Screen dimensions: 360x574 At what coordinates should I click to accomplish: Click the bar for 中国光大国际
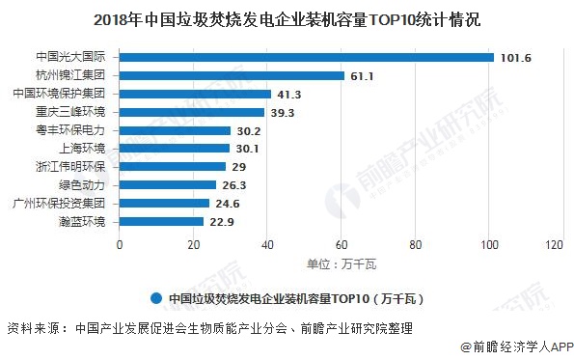(306, 57)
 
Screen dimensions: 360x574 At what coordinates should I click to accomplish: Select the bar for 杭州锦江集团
(232, 75)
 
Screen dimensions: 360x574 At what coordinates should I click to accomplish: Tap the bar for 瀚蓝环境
(161, 222)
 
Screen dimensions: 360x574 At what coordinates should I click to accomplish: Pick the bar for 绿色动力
(167, 185)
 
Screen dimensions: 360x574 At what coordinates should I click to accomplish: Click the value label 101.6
(516, 57)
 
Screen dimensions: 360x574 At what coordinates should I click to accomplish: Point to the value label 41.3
(289, 94)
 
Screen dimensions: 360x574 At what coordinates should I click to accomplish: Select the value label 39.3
(282, 112)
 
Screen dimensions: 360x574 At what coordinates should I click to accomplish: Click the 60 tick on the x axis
(342, 245)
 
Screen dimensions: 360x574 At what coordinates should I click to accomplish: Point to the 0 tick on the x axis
(120, 245)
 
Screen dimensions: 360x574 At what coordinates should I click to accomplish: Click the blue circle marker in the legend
(154, 297)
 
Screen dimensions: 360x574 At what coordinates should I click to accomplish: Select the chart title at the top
(287, 16)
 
